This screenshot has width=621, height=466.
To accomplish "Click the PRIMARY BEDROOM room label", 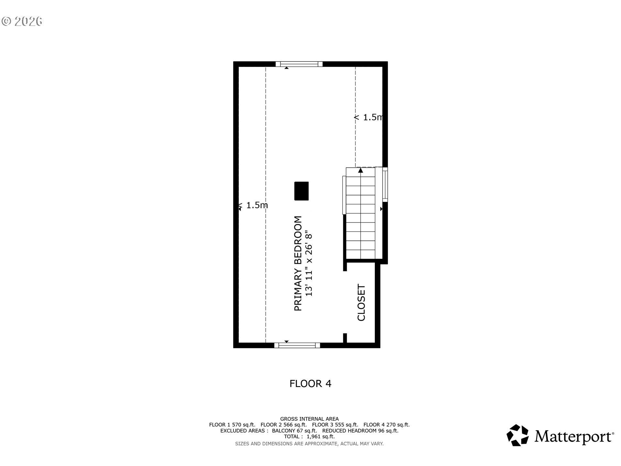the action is (x=298, y=263).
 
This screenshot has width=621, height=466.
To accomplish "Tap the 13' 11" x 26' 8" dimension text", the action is (x=309, y=264).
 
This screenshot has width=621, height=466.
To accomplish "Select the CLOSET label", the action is (x=361, y=303).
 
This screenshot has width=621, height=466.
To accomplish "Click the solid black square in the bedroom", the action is (x=301, y=191).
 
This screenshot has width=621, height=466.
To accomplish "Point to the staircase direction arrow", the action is (x=361, y=170).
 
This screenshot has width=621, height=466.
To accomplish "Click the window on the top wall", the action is (x=299, y=64).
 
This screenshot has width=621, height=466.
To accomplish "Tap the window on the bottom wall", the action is (x=297, y=345).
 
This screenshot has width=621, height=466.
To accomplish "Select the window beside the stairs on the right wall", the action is (x=385, y=184).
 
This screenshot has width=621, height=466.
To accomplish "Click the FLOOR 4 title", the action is (x=310, y=384).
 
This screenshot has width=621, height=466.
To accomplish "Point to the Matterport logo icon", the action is (x=517, y=435).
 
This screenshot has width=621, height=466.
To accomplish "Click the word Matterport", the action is (x=574, y=436).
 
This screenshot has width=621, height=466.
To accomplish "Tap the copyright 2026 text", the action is (x=22, y=21).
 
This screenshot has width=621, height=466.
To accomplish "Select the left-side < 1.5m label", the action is (x=253, y=205).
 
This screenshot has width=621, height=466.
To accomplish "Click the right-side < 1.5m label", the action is (x=368, y=117).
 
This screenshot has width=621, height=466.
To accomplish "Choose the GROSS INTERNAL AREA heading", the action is (x=310, y=419).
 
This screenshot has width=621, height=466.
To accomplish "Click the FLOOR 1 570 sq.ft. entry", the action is (x=232, y=425).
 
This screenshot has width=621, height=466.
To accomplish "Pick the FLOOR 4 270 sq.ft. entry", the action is (x=387, y=425).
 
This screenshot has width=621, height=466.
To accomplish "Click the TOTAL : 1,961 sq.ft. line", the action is (x=309, y=437).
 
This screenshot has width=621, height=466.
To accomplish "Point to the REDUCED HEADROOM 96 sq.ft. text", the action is (x=360, y=431).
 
